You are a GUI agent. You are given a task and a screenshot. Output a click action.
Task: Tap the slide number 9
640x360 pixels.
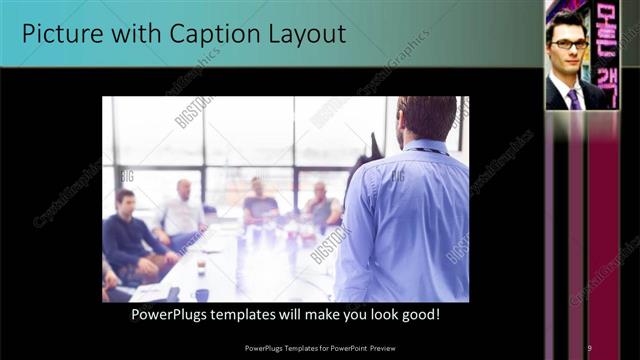click(x=589, y=347)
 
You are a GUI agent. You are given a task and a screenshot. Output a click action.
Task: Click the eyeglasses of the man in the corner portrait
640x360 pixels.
click(x=571, y=44)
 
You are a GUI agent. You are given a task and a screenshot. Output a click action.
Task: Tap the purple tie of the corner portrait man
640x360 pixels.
click(x=574, y=98)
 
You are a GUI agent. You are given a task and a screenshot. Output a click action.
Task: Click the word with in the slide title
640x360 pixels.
click(x=131, y=34)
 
